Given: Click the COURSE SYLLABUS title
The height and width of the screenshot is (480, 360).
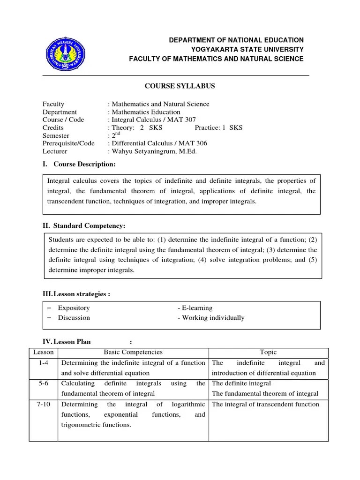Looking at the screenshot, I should pyautogui.click(x=176, y=86).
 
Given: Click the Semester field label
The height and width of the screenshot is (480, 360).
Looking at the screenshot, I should pyautogui.click(x=56, y=135).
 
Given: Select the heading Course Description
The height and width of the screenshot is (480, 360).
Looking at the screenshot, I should pyautogui.click(x=84, y=164).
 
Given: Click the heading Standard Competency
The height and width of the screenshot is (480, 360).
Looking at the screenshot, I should pyautogui.click(x=89, y=226).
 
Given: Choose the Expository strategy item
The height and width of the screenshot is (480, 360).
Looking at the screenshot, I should pyautogui.click(x=74, y=308).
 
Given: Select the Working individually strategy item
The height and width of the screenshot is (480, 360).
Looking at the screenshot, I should pyautogui.click(x=211, y=318).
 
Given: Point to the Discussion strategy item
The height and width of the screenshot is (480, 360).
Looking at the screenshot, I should pyautogui.click(x=74, y=318).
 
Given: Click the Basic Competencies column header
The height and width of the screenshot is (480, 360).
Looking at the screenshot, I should pyautogui.click(x=133, y=352).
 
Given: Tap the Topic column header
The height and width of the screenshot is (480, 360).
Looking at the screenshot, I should pyautogui.click(x=268, y=352).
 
